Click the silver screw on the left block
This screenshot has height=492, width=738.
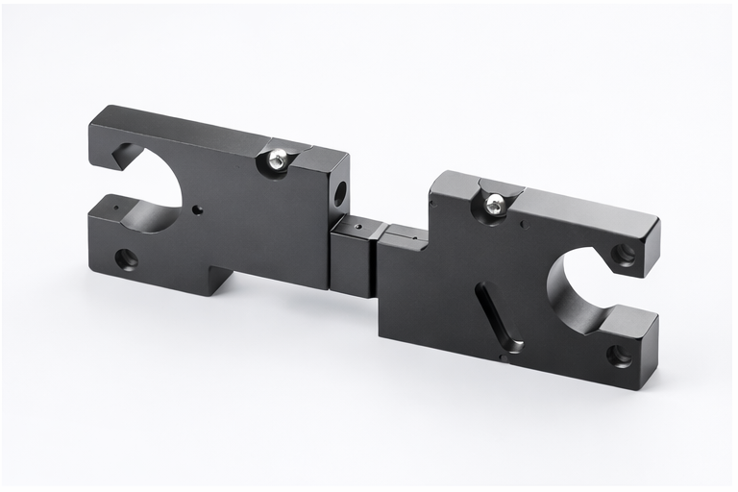(277, 160)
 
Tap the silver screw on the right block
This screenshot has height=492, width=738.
(494, 204)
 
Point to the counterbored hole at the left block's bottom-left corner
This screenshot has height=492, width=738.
(126, 258)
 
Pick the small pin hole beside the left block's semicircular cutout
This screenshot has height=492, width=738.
(196, 208)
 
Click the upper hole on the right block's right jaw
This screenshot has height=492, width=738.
(625, 254)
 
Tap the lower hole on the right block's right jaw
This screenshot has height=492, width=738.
(619, 356)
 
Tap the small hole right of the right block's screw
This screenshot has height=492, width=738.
(524, 226)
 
